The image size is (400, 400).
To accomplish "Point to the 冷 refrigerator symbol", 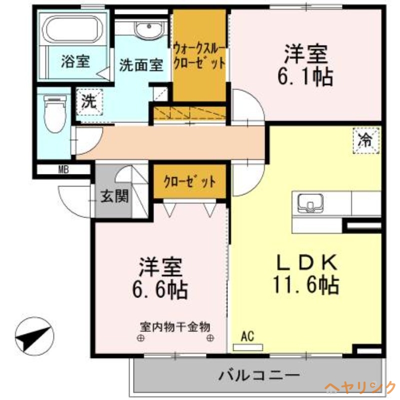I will click(366, 140).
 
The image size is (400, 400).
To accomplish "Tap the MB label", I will click(63, 169).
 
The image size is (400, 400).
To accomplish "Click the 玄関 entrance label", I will click(114, 196).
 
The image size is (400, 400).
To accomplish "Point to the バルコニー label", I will click(258, 375).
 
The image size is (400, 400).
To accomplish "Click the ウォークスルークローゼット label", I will click(198, 56).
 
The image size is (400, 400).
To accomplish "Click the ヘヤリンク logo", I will click(360, 387).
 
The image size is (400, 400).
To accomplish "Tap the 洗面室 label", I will click(141, 65).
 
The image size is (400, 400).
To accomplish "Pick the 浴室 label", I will click(75, 61).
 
